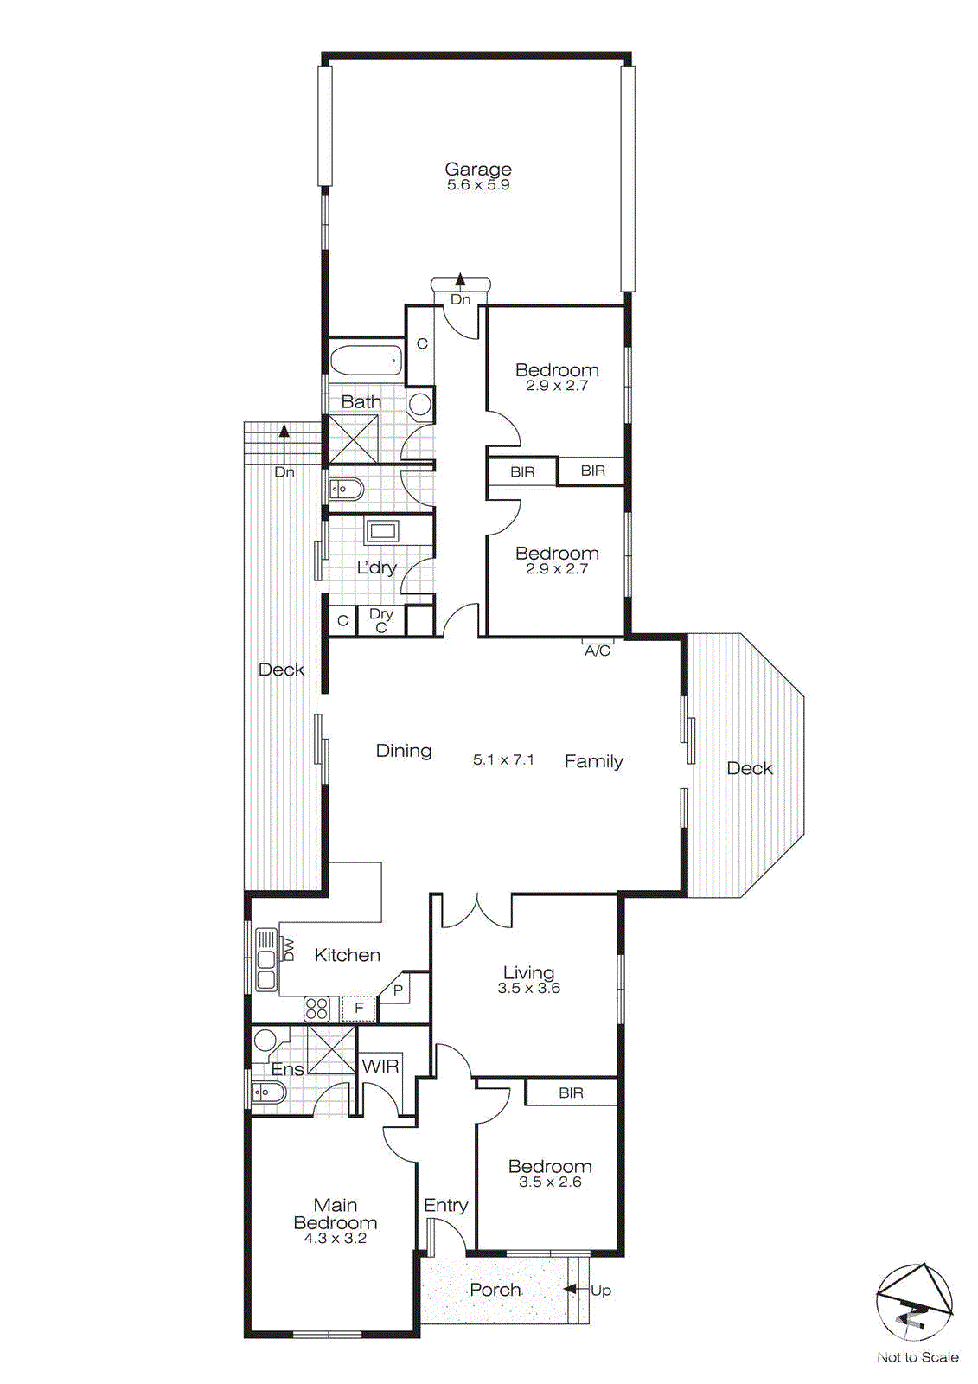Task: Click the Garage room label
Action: pos(478,170)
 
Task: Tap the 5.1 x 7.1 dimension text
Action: pos(503,759)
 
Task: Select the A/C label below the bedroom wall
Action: pos(598,650)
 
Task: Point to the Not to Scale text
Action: pos(917,1357)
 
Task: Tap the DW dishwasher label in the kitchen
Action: pos(289,950)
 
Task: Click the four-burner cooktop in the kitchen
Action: pos(316,1008)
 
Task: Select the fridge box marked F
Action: pos(359,1008)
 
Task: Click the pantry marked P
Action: pos(398,990)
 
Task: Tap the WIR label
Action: pos(380,1066)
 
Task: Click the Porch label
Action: pos(495,1289)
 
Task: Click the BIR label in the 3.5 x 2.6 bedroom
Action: pos(571,1092)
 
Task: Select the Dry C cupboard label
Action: pos(381,620)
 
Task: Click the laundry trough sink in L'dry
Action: pos(381,530)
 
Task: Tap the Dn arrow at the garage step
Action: pos(461,282)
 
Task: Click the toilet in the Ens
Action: pos(267,1094)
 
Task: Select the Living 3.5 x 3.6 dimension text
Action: pos(528,988)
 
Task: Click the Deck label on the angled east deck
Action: pos(749,768)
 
